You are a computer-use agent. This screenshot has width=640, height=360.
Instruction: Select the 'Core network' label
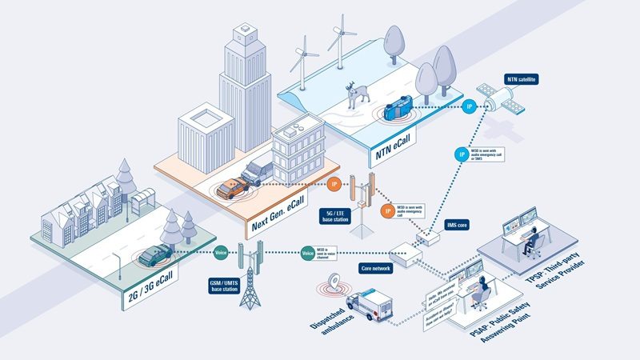375,269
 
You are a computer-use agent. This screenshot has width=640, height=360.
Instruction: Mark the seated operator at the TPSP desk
530,244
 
